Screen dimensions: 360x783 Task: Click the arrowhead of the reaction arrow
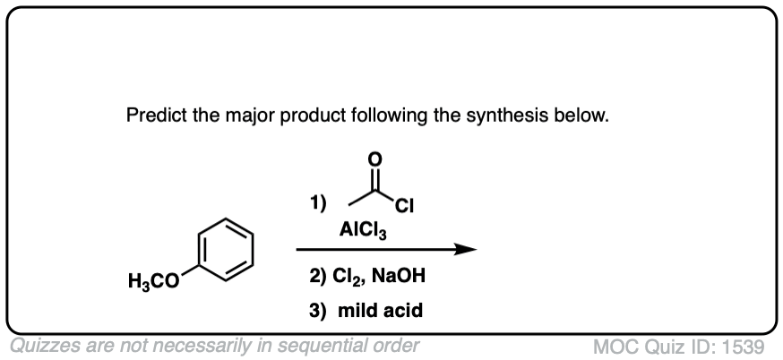click(463, 250)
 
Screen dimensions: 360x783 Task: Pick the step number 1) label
click(319, 201)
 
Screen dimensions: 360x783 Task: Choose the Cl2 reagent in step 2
click(344, 277)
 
